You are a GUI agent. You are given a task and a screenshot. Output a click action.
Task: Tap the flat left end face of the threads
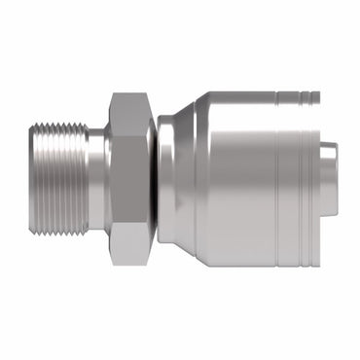[31, 179]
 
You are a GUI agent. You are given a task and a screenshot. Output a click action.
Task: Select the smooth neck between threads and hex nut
[96, 179]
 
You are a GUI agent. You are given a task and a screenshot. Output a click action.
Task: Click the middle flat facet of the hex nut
[128, 179]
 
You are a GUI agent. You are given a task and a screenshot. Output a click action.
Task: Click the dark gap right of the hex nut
[155, 179]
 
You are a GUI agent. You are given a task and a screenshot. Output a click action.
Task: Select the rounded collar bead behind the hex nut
[166, 179]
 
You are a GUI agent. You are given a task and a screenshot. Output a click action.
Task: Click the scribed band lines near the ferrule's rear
[292, 179]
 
